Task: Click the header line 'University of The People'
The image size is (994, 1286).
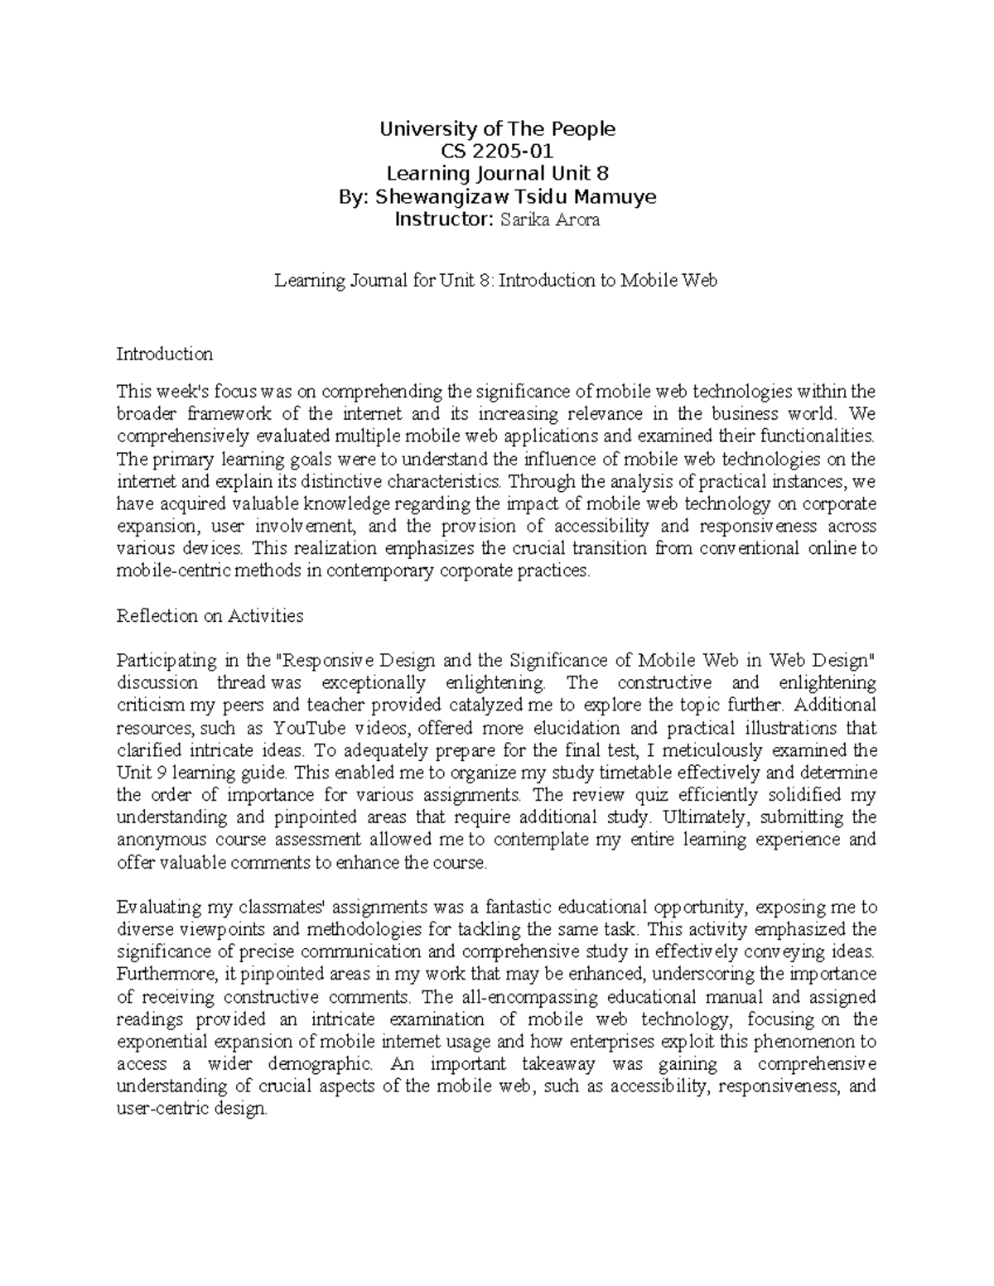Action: tap(497, 129)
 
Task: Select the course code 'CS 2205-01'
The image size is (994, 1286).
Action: tap(497, 152)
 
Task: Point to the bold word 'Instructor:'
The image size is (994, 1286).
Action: tap(444, 219)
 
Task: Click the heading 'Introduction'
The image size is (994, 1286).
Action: tap(165, 354)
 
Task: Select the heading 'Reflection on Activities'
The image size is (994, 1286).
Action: tap(210, 616)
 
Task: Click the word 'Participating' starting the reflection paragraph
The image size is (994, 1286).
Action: tap(163, 661)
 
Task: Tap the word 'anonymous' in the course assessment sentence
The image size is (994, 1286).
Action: tap(159, 840)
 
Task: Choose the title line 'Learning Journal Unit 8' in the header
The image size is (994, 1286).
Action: tap(498, 174)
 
